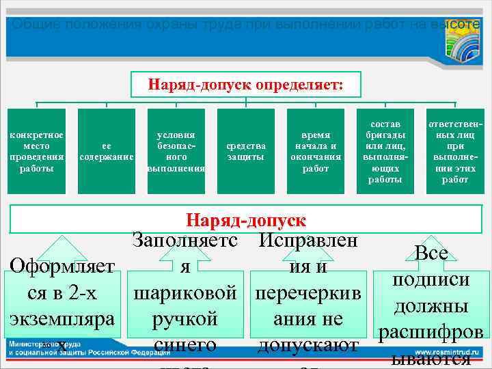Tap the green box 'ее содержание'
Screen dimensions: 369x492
click(x=106, y=151)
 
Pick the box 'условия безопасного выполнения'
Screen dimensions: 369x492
click(x=176, y=151)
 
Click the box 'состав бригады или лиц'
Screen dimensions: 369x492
click(x=385, y=151)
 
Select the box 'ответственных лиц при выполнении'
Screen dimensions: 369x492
click(x=454, y=151)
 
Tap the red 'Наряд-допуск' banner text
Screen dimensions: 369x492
click(x=246, y=220)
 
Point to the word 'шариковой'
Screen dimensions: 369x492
click(x=186, y=292)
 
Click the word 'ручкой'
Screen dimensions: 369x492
click(x=185, y=319)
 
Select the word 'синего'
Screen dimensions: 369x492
click(x=185, y=345)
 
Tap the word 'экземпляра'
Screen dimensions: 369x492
click(x=62, y=318)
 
